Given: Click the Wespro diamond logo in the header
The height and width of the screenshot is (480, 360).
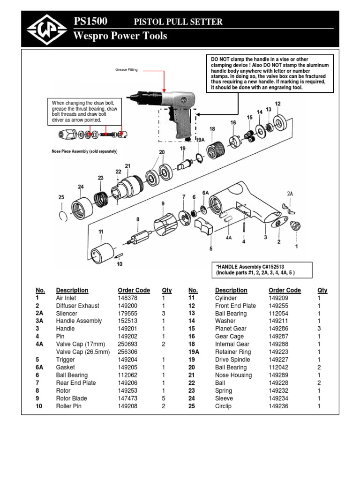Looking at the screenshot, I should point(46,29).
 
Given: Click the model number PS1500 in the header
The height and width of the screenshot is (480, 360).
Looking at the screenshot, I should point(90,21).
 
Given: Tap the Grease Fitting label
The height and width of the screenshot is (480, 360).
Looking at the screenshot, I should point(126,70).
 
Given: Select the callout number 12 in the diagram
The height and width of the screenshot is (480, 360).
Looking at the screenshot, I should point(277,104).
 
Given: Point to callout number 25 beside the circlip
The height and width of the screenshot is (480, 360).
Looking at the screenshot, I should point(61,197).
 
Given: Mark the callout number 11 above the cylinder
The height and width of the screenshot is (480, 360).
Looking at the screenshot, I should point(101,232).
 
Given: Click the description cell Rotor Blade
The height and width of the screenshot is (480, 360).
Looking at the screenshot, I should point(71,398).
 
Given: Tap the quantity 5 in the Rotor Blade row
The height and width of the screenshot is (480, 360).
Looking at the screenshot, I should point(164,398).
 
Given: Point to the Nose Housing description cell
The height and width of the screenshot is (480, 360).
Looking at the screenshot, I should point(233,375).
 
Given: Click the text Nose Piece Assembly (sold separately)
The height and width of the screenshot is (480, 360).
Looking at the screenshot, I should point(84,151).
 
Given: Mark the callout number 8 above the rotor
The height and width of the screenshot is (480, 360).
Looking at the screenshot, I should point(138,219).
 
